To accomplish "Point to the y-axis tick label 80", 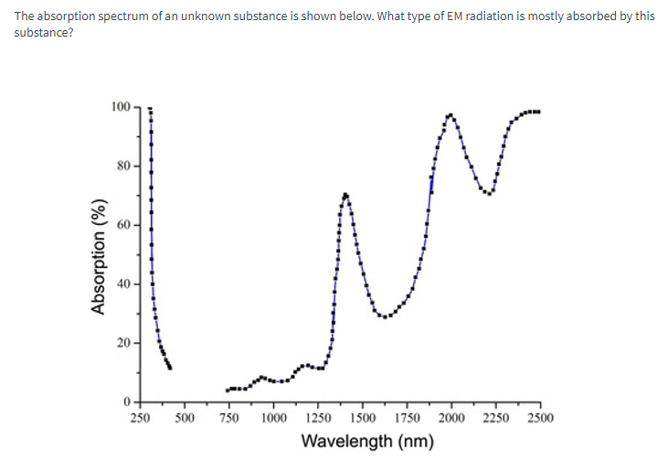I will (123, 166).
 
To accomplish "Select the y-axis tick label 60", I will (123, 225).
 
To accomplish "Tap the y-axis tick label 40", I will (123, 284).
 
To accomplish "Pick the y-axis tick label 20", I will (123, 343).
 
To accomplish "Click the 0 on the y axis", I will (127, 401).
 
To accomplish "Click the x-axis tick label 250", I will (140, 419).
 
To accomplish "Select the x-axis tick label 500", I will (184, 419).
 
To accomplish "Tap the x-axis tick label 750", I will (228, 419).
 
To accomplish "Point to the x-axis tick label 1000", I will (273, 419).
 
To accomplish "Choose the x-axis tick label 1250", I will (318, 419).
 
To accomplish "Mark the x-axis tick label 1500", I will (363, 419).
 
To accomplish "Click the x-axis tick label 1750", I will (408, 419).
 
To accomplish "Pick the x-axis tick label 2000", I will (451, 419).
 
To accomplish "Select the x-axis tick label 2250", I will (496, 419).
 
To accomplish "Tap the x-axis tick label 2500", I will (541, 419).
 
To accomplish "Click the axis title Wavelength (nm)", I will (366, 442).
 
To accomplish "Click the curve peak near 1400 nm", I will (345, 194).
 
